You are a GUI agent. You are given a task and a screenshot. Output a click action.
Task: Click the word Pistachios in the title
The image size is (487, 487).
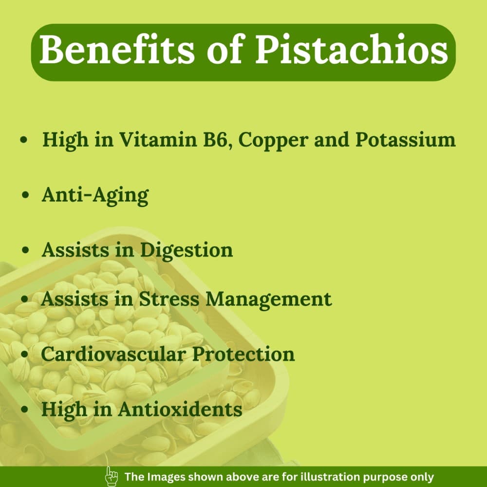pyautogui.click(x=352, y=49)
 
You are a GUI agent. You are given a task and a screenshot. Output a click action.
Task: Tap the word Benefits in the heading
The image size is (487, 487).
pyautogui.click(x=117, y=49)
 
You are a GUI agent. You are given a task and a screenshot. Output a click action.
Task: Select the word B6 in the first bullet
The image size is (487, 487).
pyautogui.click(x=218, y=139)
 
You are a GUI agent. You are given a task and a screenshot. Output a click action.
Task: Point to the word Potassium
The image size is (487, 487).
pyautogui.click(x=405, y=139)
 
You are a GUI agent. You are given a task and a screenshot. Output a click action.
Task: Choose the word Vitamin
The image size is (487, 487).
pyautogui.click(x=158, y=139)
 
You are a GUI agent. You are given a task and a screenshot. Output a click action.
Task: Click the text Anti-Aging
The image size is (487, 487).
pyautogui.click(x=95, y=196)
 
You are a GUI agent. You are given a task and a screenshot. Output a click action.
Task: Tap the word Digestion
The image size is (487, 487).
pyautogui.click(x=187, y=250)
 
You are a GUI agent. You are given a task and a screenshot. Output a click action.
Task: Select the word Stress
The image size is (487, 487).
pyautogui.click(x=169, y=299)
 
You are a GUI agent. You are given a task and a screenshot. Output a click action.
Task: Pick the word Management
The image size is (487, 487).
pyautogui.click(x=269, y=300)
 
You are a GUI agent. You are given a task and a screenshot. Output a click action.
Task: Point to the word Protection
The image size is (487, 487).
pyautogui.click(x=243, y=354)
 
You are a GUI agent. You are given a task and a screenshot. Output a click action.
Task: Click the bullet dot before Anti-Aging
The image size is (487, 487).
pyautogui.click(x=26, y=195)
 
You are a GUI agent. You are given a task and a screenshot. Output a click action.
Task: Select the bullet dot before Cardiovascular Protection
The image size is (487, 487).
pyautogui.click(x=25, y=354)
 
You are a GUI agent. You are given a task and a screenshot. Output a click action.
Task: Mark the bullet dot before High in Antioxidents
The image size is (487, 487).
pyautogui.click(x=25, y=409)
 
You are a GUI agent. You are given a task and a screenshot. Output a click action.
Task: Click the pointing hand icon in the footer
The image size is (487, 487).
pyautogui.click(x=112, y=476)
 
